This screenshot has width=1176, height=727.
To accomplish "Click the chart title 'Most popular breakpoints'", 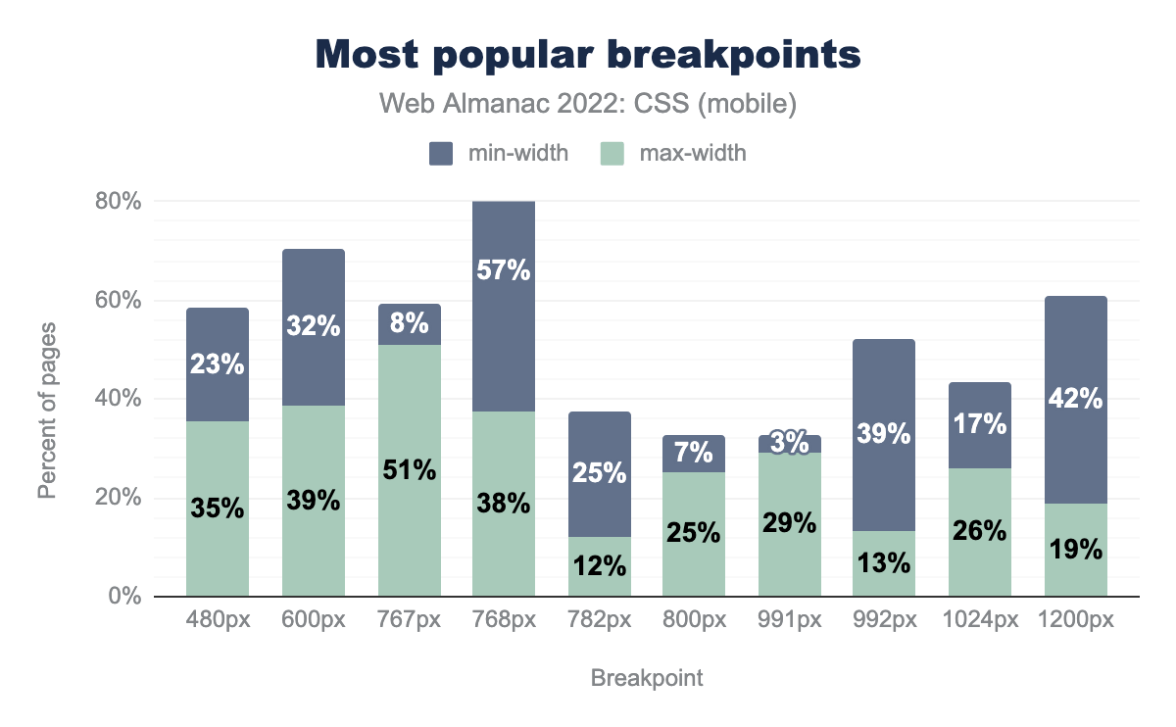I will tap(588, 56).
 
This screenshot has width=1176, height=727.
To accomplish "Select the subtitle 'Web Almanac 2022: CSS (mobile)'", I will tap(588, 105).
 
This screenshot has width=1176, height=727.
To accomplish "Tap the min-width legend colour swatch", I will tap(440, 153).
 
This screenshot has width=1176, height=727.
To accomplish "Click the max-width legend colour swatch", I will tap(612, 153).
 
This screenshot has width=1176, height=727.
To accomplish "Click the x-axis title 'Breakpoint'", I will tap(647, 678).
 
